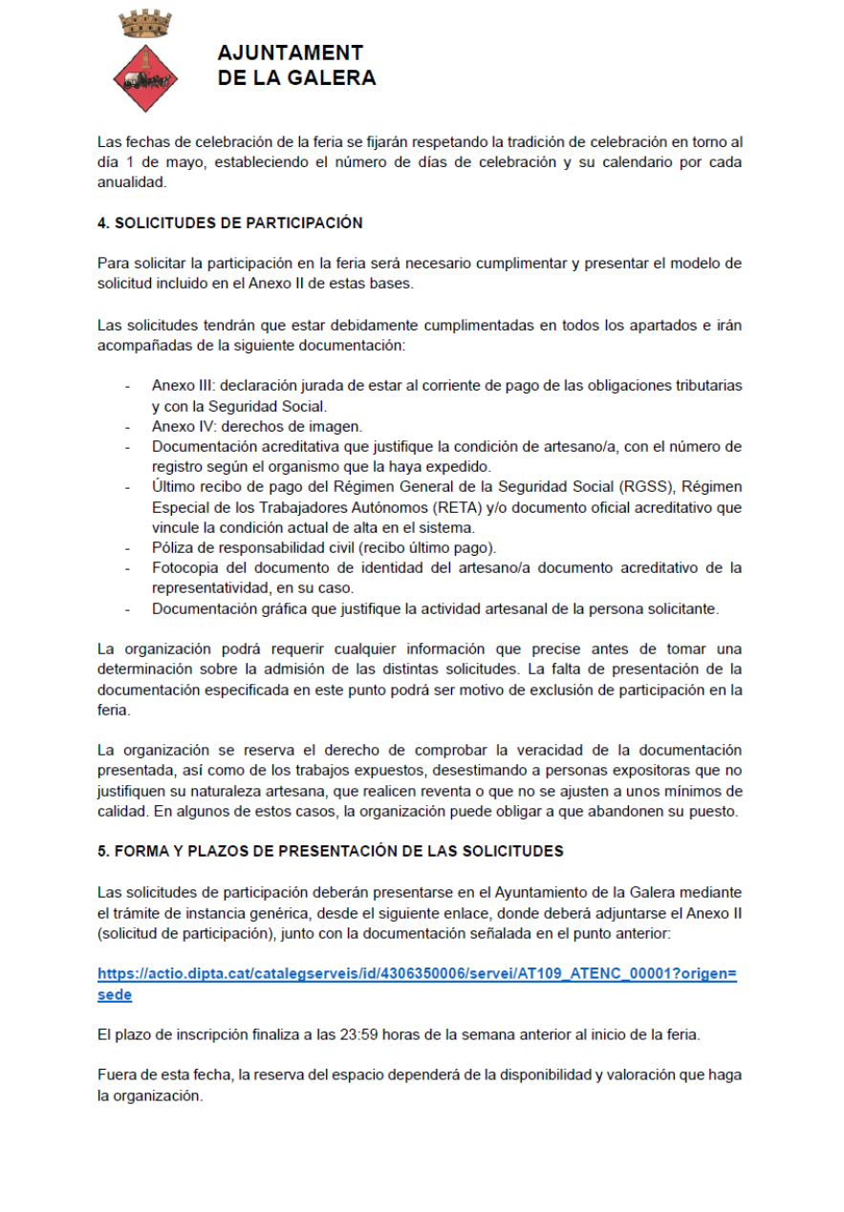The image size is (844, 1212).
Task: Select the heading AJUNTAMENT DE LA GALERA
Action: tap(296, 66)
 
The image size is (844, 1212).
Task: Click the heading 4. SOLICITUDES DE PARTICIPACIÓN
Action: tap(230, 223)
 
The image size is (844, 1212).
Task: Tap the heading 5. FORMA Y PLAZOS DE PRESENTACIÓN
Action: tap(331, 851)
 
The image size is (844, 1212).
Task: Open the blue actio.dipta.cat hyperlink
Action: tap(417, 975)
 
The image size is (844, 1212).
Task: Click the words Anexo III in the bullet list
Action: tap(182, 386)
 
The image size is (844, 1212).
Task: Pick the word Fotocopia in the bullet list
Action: tap(184, 568)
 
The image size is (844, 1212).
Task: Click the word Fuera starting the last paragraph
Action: tap(117, 1075)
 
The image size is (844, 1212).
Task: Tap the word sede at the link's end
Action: tap(115, 995)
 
